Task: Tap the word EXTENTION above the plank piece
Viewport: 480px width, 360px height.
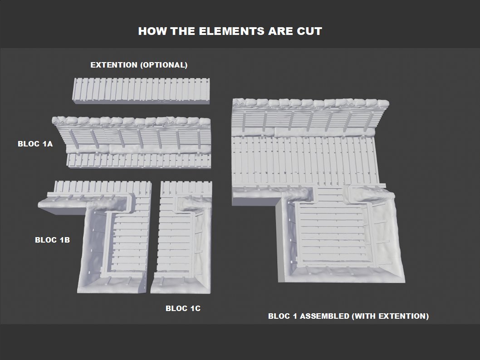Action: click(x=114, y=65)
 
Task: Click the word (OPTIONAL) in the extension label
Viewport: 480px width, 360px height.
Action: click(x=164, y=65)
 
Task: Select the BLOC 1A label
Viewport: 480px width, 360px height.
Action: click(x=35, y=144)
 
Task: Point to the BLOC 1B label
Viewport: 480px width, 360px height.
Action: click(x=52, y=240)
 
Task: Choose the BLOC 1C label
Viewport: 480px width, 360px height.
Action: click(x=183, y=308)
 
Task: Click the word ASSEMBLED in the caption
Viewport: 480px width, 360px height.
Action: click(x=324, y=316)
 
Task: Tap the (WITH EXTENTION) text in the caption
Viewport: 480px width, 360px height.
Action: click(x=391, y=316)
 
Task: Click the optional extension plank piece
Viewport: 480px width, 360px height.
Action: click(x=141, y=91)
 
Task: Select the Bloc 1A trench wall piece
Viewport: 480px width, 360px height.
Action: click(x=132, y=142)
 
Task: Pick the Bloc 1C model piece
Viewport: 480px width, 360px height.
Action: click(x=181, y=237)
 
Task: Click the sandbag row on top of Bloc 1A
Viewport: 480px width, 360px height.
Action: click(x=132, y=121)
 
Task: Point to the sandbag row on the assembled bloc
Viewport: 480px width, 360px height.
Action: click(x=311, y=103)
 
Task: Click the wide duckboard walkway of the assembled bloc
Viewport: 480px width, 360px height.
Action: click(x=306, y=161)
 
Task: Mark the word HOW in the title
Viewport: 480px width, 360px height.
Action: click(x=152, y=31)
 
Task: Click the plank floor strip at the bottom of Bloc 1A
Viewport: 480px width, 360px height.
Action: click(x=139, y=161)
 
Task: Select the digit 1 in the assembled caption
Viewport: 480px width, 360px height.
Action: click(x=295, y=316)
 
